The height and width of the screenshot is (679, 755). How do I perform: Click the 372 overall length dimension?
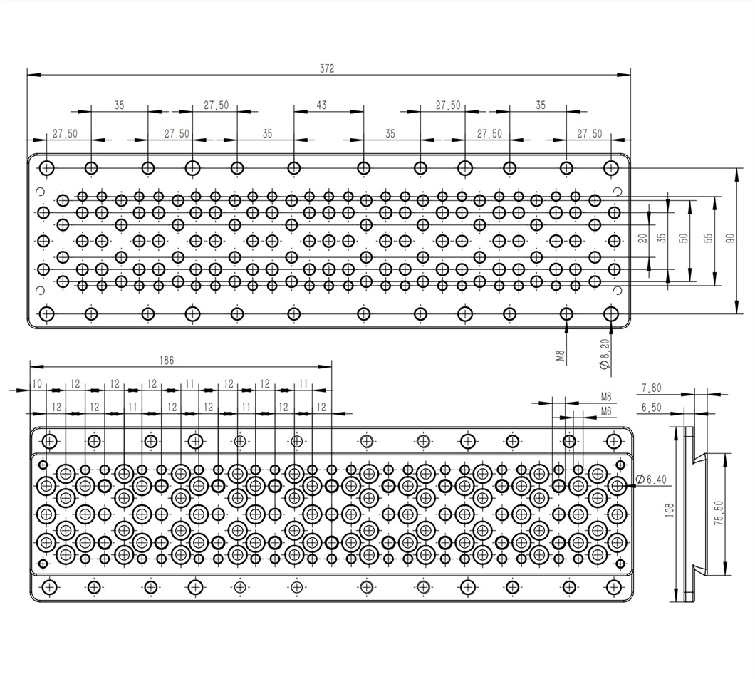(327, 68)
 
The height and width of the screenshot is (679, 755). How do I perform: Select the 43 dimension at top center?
(321, 105)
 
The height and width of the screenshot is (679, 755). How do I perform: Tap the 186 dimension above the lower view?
(166, 361)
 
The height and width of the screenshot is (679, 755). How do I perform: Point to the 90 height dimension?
(729, 239)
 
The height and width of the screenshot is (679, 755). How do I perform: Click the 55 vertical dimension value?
(708, 239)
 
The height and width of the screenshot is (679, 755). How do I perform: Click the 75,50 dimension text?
(719, 513)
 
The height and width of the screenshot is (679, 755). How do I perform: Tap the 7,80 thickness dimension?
(651, 388)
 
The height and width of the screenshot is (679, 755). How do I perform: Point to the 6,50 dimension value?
(651, 407)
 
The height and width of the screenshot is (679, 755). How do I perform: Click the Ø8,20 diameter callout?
(604, 354)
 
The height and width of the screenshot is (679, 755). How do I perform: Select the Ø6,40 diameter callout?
(652, 480)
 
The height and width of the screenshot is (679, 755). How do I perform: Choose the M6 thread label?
(606, 411)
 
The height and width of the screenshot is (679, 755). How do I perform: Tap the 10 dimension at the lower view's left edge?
(36, 384)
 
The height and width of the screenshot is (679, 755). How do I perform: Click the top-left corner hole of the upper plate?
(47, 168)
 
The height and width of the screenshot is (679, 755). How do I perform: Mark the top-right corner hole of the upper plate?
(611, 168)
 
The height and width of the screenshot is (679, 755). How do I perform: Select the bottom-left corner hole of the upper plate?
(47, 313)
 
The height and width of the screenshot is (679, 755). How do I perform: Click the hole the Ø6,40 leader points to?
(617, 485)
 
